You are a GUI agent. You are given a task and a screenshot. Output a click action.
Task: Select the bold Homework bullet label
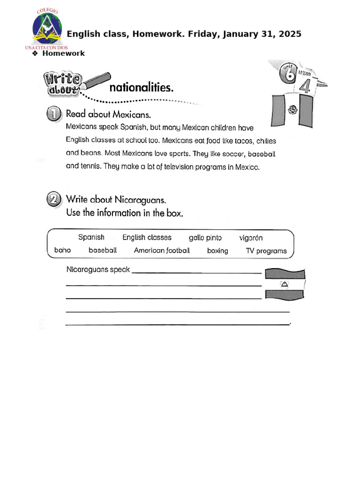pos(63,53)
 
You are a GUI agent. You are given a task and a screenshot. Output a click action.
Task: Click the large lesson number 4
pos(304,87)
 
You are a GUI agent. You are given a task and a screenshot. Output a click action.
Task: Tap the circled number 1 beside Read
pos(54,114)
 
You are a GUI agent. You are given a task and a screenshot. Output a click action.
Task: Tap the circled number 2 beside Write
pos(54,201)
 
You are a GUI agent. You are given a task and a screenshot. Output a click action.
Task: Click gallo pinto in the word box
pos(205,238)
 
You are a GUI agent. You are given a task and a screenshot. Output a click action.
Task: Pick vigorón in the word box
pos(251,238)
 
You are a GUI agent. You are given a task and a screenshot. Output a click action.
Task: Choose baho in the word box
pos(62,250)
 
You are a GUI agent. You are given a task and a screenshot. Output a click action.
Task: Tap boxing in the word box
pos(217,251)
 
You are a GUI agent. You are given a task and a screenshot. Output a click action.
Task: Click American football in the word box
pos(162,250)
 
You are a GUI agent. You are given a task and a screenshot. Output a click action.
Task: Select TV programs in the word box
pos(266,251)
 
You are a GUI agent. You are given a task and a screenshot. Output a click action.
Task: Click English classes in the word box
pos(147,238)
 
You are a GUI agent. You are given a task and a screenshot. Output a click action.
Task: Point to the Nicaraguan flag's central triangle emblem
pos(285,284)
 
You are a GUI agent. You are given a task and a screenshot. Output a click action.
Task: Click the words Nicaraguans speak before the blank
pos(98,270)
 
